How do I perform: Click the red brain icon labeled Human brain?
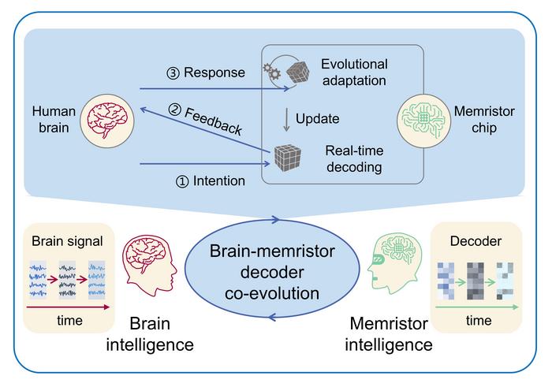coord(107,121)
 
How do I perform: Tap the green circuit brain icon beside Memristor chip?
coord(424,121)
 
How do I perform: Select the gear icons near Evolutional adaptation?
coord(272,72)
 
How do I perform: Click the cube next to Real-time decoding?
coord(288,158)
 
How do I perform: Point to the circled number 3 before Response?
coord(173,73)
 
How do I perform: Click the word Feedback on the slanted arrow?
coord(214,121)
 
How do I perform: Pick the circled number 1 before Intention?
coord(182,181)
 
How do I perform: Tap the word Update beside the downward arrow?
coord(317,118)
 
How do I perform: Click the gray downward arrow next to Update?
coord(286,120)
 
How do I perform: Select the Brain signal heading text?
coord(67,241)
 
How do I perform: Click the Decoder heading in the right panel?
coord(476,241)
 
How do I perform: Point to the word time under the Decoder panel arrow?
coord(479,321)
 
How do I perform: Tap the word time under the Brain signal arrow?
coord(69,321)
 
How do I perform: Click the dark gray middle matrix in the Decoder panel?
coord(476,281)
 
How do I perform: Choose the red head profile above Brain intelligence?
coord(150,266)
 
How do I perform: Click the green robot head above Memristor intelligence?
coord(394,263)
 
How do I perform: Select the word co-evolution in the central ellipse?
coord(272,293)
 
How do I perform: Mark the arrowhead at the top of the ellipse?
coord(275,220)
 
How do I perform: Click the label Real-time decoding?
coord(354,158)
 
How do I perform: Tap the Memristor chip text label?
coord(484,119)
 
